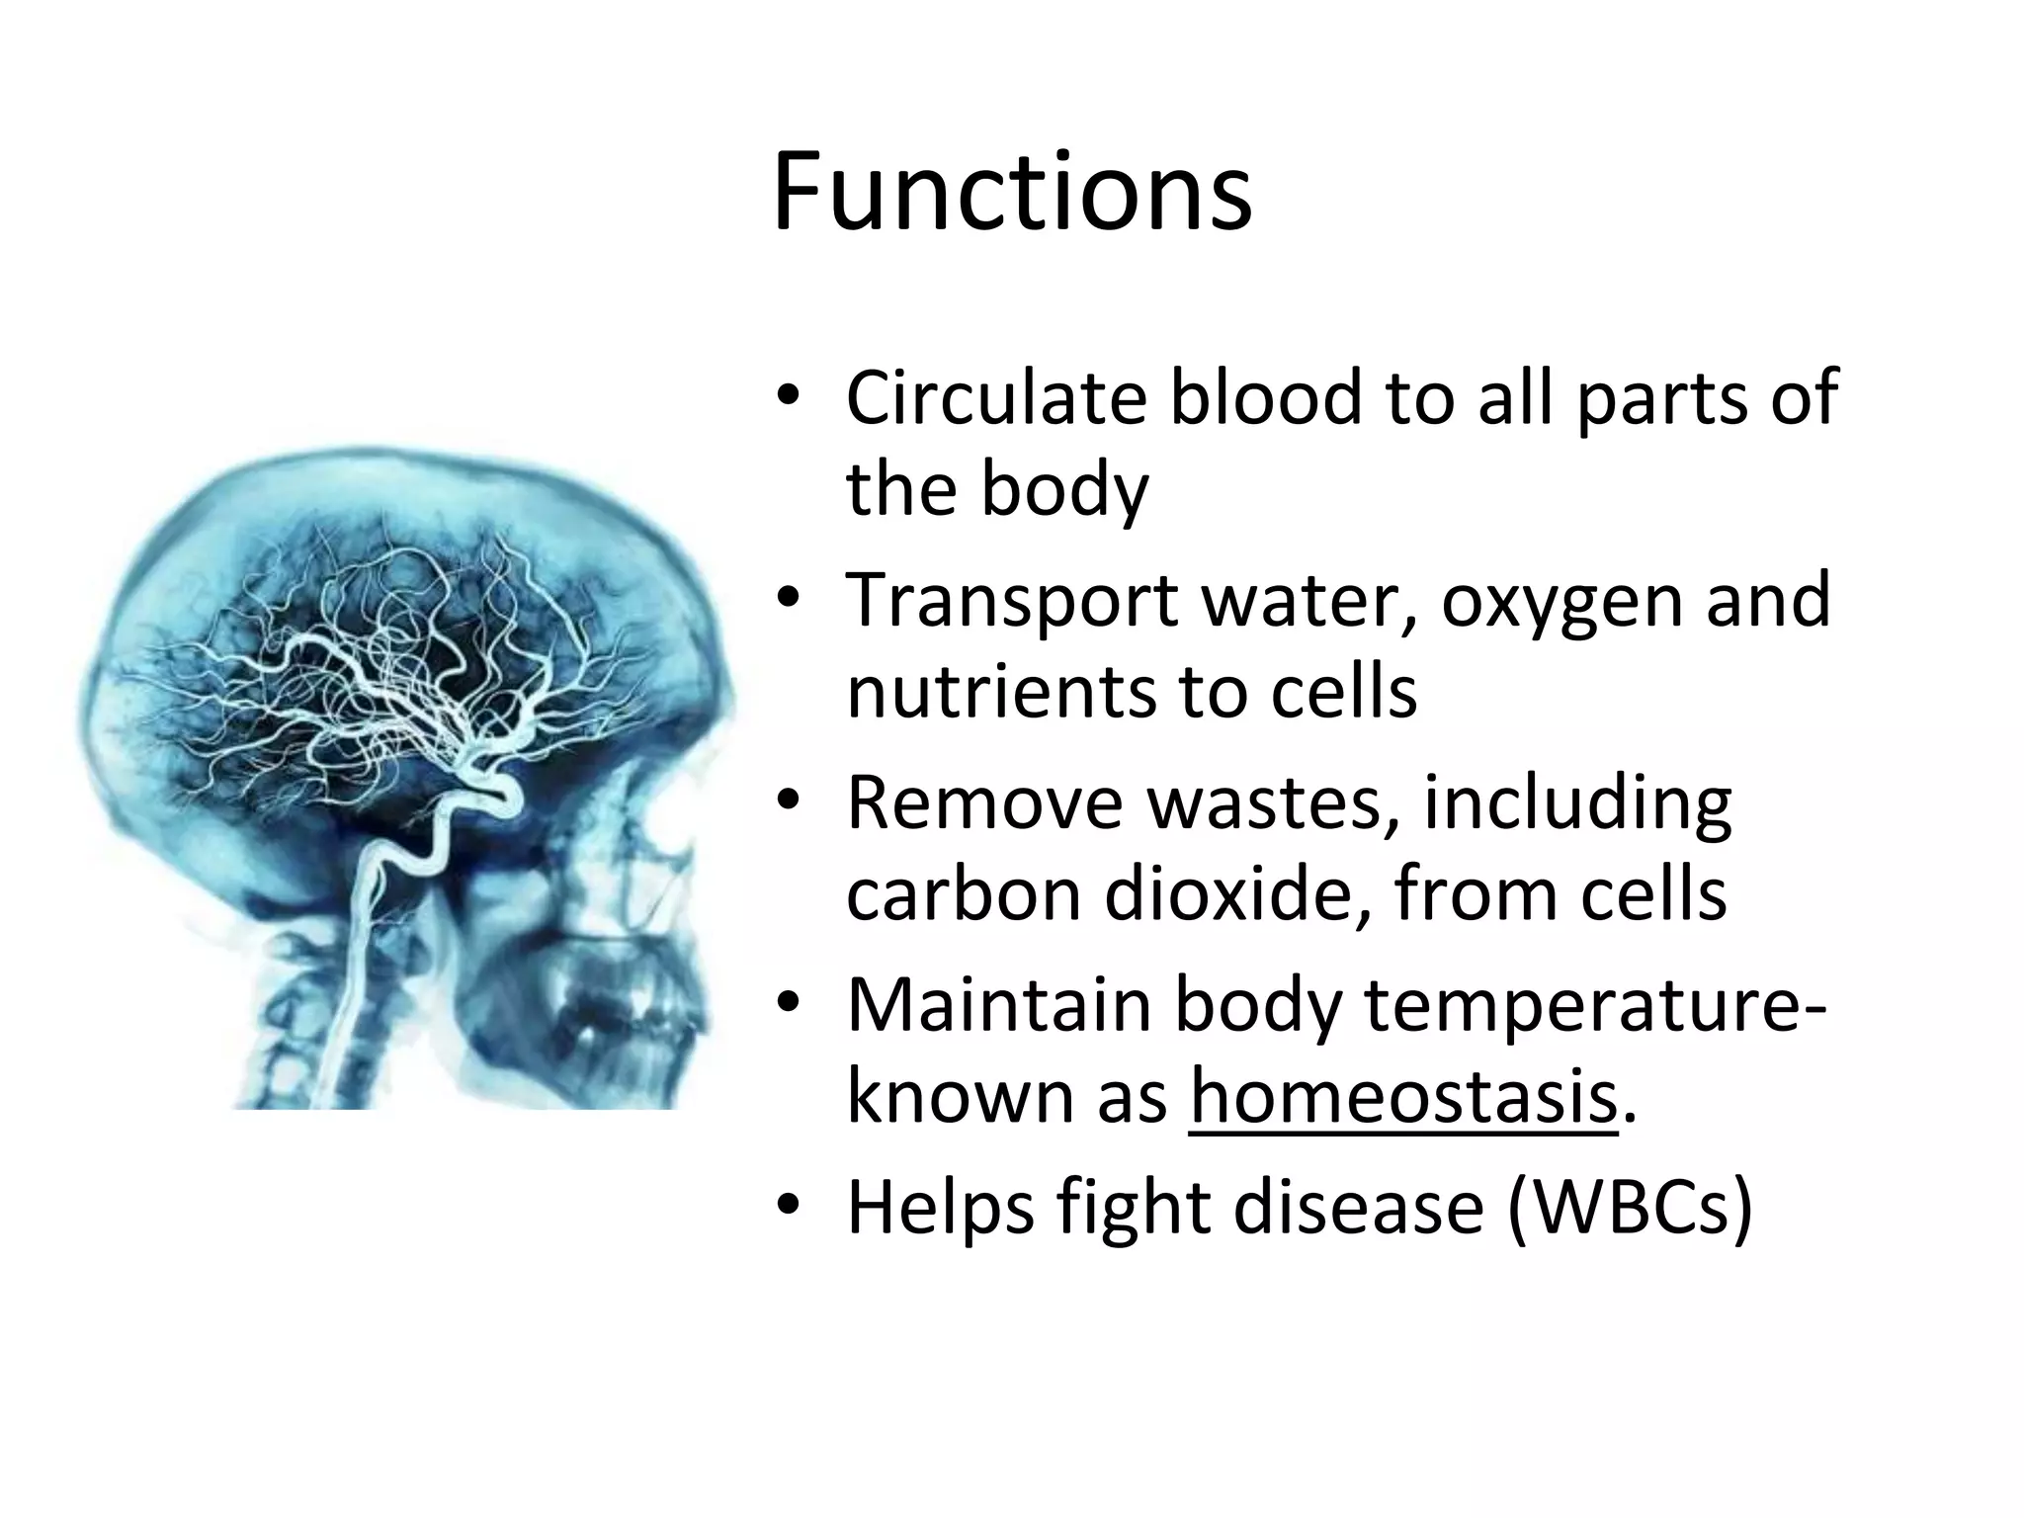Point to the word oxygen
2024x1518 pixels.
tap(1561, 603)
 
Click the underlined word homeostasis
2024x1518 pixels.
tap(1403, 1097)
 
